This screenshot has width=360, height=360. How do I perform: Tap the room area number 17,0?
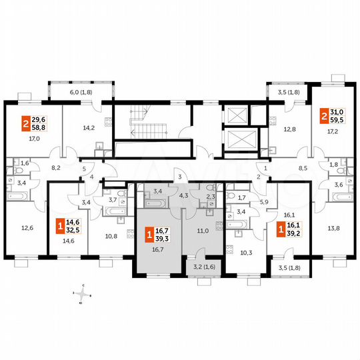point(33,139)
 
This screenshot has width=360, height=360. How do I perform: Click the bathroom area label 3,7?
point(113,199)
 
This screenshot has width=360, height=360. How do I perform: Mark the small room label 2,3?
point(210,196)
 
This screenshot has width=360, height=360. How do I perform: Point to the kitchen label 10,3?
point(246,252)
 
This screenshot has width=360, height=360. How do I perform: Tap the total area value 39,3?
point(163,237)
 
